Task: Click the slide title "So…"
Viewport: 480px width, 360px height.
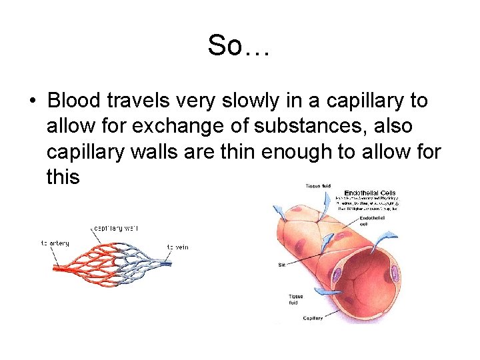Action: (x=238, y=46)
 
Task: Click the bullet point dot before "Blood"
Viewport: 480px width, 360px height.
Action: (x=32, y=102)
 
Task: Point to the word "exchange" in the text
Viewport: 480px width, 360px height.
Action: (x=179, y=127)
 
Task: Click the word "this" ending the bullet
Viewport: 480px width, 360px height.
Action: (x=63, y=177)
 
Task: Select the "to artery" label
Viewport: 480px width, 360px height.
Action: (x=54, y=243)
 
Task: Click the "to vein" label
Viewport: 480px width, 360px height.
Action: (x=177, y=247)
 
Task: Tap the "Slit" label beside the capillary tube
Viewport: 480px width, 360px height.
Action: (x=281, y=265)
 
